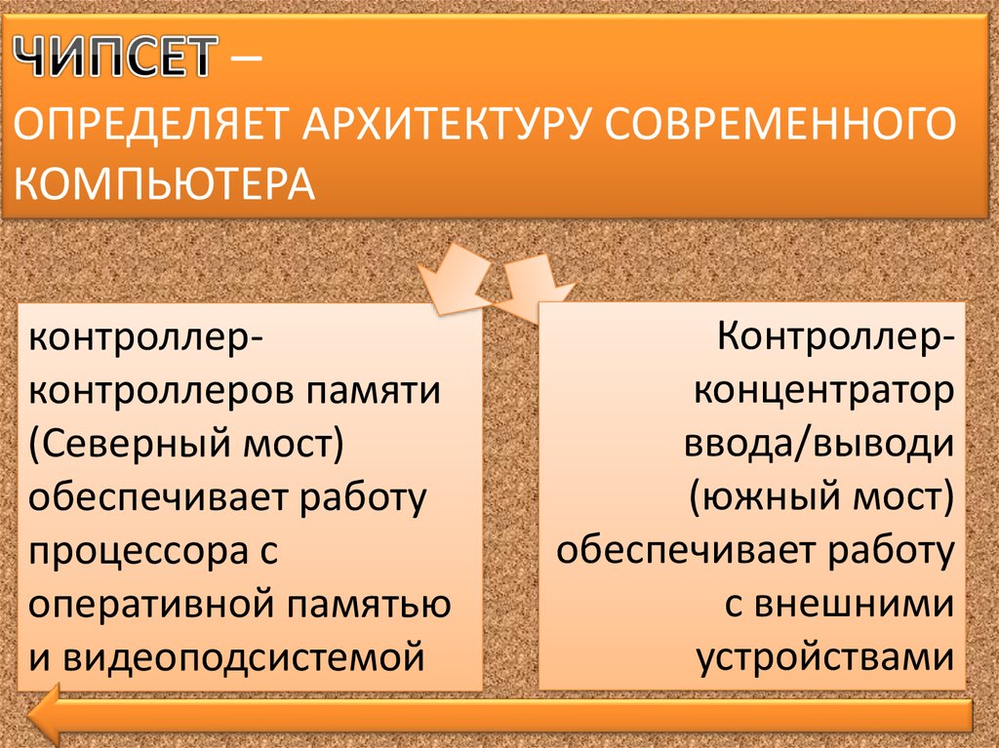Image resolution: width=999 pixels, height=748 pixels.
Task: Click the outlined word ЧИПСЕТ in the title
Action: [x=115, y=57]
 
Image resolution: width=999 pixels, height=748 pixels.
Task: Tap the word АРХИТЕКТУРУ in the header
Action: [x=447, y=124]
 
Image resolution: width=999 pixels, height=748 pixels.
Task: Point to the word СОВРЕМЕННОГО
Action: [x=780, y=124]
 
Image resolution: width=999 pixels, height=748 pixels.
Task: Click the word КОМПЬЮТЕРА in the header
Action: [x=164, y=183]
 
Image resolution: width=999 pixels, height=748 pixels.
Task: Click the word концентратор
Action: [x=823, y=390]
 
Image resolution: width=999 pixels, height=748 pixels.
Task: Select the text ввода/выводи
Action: [x=819, y=444]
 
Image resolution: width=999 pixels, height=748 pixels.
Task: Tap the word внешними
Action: [x=855, y=604]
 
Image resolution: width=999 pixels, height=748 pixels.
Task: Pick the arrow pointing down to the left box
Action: [x=455, y=279]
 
